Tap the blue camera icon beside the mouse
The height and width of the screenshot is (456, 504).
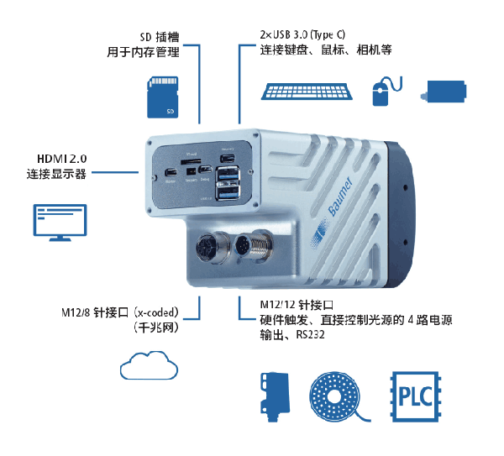click(x=448, y=92)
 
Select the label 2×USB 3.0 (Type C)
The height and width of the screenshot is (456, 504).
click(x=302, y=34)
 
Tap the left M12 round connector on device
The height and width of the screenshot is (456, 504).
click(x=207, y=249)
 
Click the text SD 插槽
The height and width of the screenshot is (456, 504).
click(x=159, y=37)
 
